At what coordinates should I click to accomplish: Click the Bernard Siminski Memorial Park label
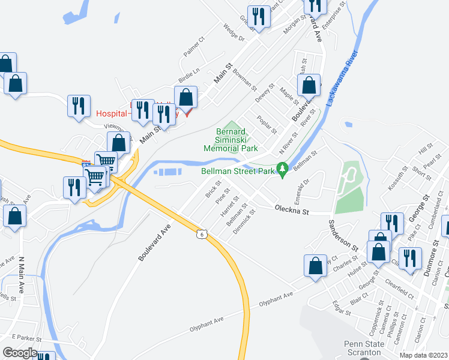click(231, 140)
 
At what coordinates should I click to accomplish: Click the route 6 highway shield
click(203, 233)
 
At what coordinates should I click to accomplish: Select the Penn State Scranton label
click(354, 348)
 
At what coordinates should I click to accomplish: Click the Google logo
click(20, 353)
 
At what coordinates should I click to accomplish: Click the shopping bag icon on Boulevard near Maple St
click(309, 87)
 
